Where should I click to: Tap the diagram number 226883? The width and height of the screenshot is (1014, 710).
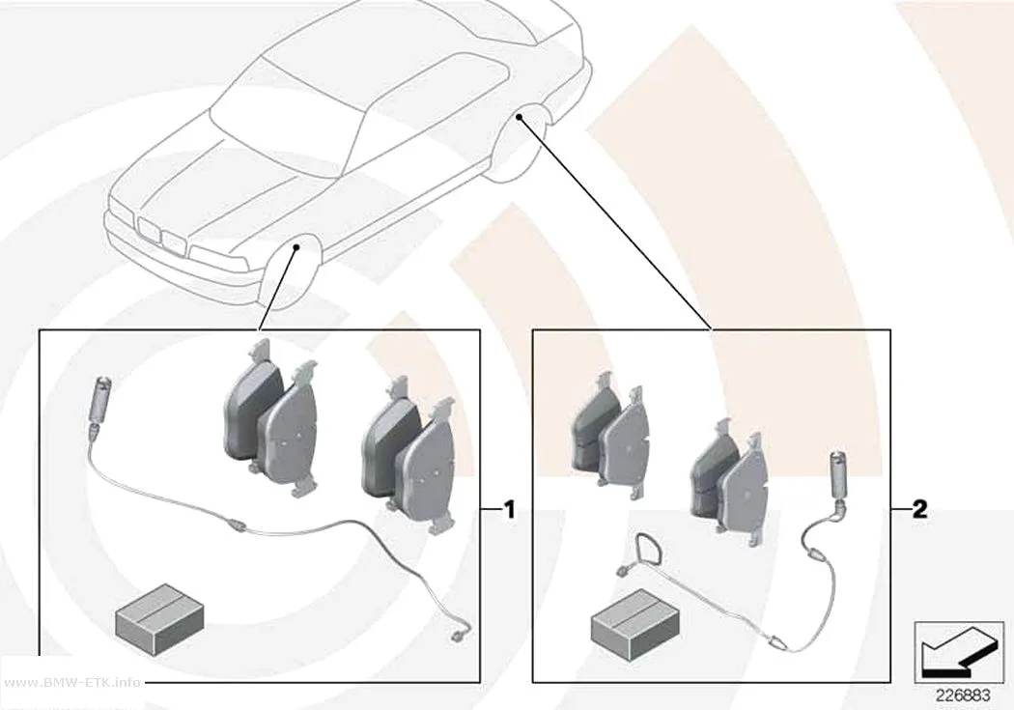coord(963,696)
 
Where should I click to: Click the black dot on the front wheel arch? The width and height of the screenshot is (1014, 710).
coord(296,247)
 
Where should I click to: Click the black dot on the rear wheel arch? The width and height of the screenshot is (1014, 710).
coord(520,116)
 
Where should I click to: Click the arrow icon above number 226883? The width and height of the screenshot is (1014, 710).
coord(959,653)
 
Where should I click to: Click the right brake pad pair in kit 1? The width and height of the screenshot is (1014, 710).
coord(409,453)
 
